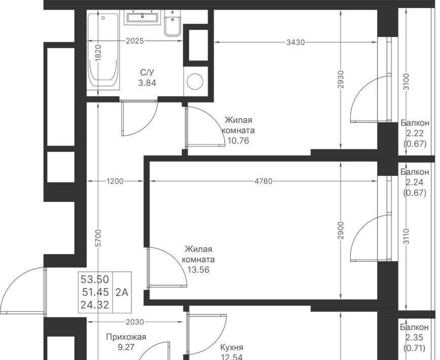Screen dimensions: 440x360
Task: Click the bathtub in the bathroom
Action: (103, 51)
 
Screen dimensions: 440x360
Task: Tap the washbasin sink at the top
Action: (142, 17)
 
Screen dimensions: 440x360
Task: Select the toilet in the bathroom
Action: (172, 23)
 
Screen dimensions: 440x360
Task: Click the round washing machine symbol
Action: (195, 82)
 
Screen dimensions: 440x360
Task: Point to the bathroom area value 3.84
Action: (147, 83)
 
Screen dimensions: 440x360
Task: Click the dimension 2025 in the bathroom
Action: (135, 41)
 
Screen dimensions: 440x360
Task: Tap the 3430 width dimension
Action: (296, 43)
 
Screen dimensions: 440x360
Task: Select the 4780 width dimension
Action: (264, 181)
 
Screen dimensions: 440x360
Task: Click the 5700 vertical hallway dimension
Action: (98, 238)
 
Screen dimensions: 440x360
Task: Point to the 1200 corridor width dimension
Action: (115, 181)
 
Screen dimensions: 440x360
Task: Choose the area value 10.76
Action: (238, 140)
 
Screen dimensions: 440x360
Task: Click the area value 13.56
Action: (198, 270)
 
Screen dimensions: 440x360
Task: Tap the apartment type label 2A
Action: (122, 293)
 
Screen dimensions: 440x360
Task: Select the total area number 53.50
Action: (95, 279)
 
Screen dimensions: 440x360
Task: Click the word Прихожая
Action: (126, 337)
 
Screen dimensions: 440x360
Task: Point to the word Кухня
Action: (232, 347)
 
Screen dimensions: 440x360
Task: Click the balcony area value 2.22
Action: (415, 133)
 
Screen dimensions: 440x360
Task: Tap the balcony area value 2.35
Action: (414, 338)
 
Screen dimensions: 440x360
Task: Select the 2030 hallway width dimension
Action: (135, 322)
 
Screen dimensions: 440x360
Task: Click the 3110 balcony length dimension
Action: (407, 237)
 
